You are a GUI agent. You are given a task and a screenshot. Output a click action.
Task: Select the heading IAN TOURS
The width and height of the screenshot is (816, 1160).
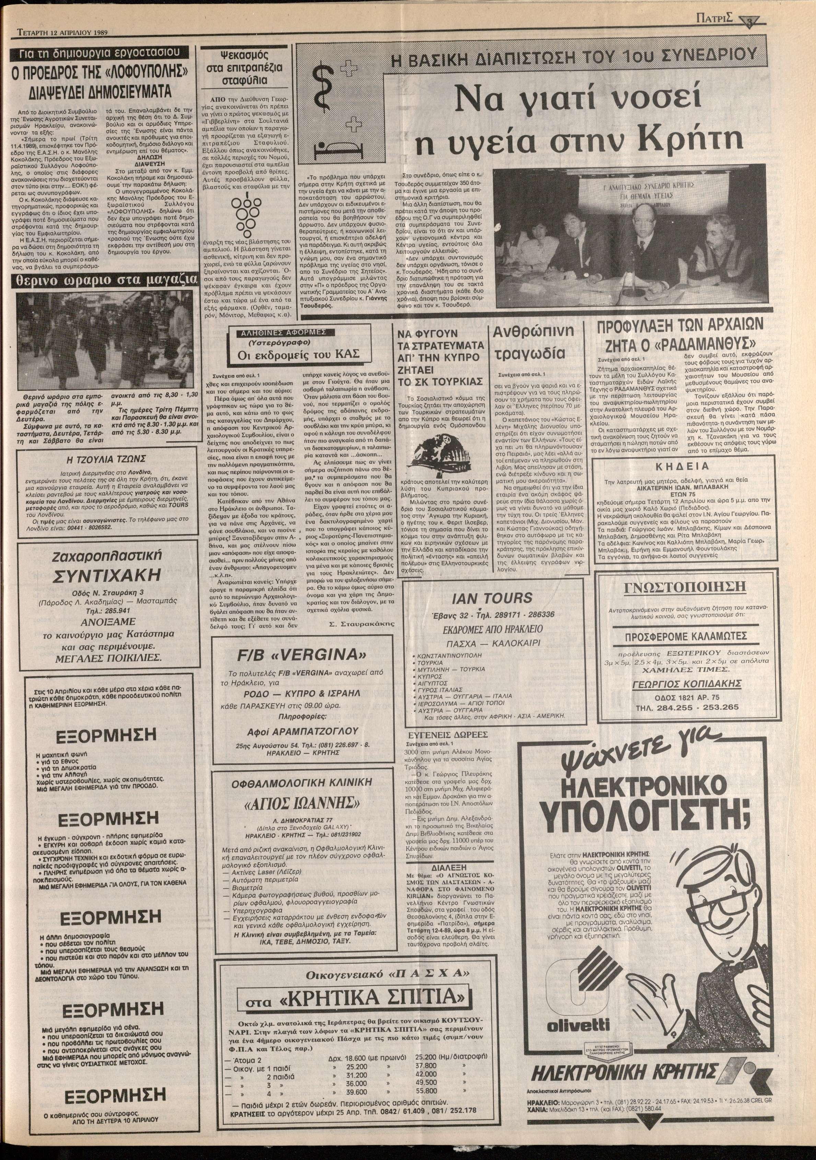493,598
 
